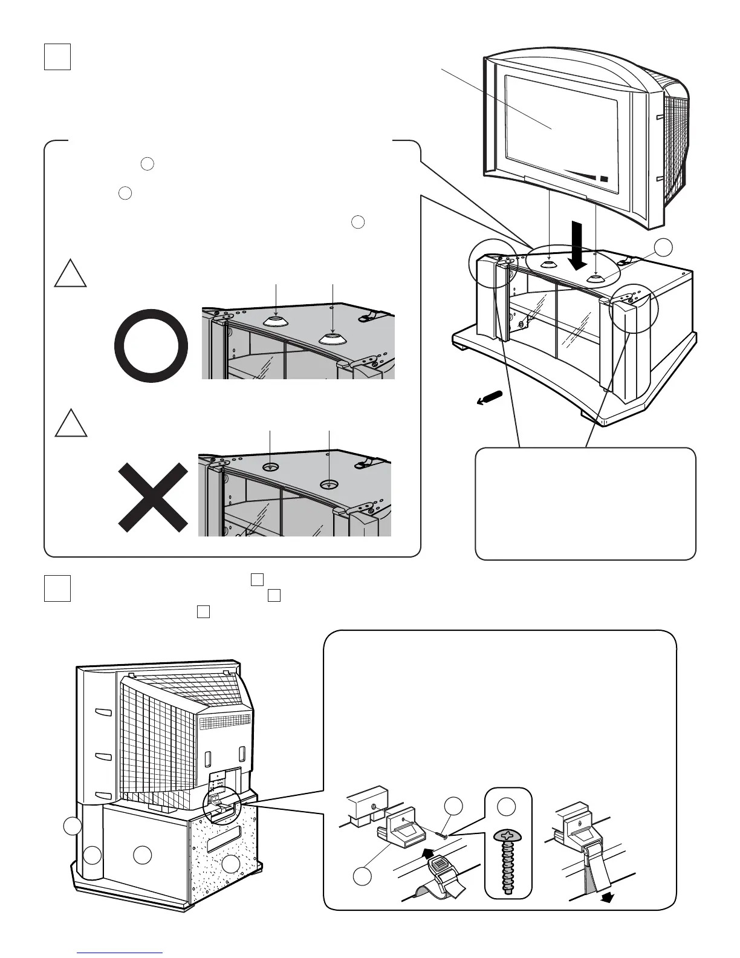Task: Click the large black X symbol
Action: pos(153,498)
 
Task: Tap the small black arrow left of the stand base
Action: pos(489,397)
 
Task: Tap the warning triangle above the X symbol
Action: pos(71,423)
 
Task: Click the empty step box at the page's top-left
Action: pos(57,57)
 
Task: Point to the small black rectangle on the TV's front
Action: pos(604,178)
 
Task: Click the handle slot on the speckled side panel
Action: pos(223,841)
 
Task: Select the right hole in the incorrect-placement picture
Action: pos(329,484)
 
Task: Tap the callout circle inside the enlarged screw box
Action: pos(506,806)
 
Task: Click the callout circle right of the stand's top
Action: pos(663,247)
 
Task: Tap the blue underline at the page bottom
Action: pos(120,953)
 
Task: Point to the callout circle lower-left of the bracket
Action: pos(362,876)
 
